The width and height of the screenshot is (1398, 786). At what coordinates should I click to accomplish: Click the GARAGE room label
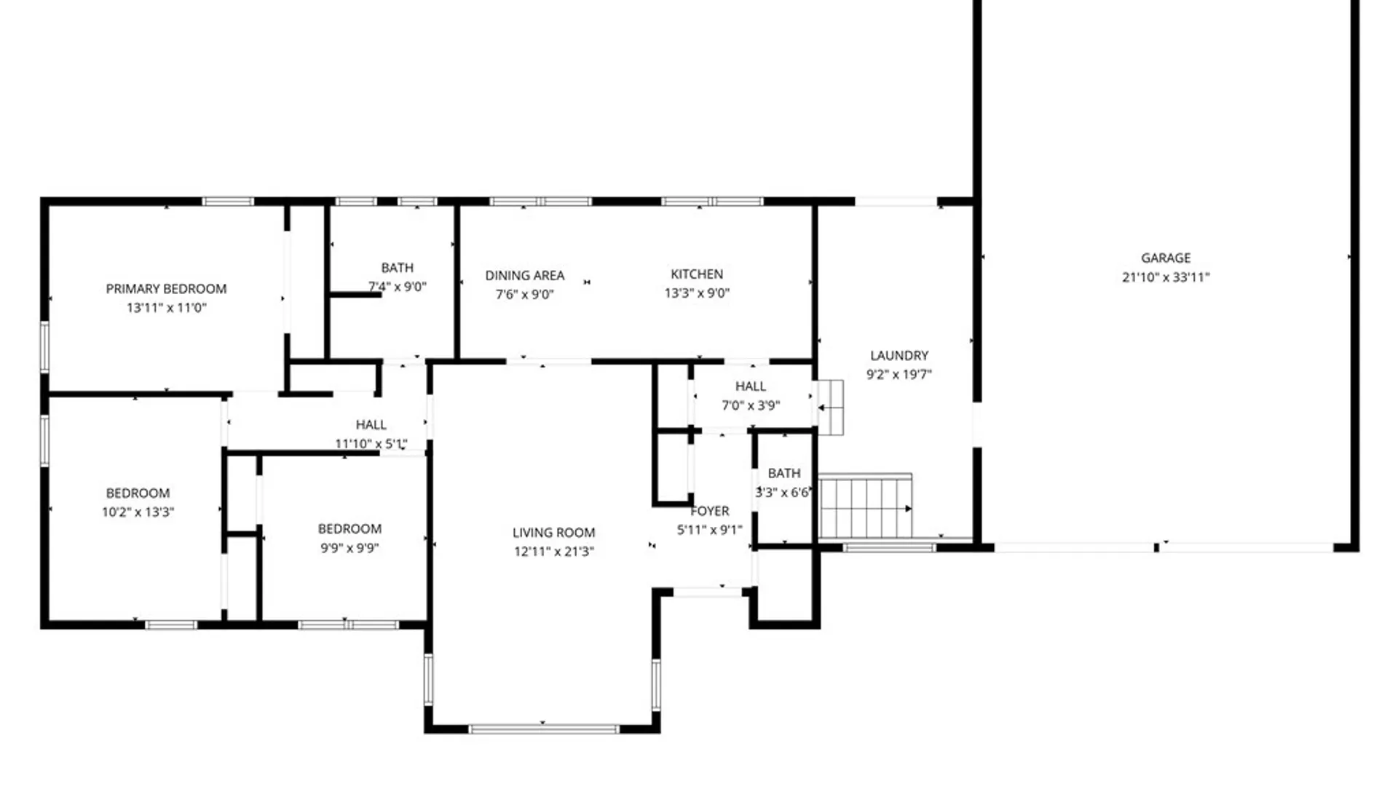1166,258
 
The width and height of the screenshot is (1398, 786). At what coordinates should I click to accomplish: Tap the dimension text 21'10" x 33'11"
1166,277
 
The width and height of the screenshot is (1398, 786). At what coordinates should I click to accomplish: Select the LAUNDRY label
899,355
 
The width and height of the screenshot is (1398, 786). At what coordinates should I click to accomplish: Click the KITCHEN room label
697,274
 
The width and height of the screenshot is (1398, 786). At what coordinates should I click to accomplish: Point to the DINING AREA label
524,275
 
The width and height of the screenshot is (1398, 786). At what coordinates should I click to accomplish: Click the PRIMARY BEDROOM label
166,288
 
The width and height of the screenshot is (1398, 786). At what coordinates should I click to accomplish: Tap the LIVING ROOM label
553,532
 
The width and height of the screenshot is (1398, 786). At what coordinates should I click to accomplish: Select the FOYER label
710,511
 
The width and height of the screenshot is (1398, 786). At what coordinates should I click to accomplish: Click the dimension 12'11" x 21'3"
553,552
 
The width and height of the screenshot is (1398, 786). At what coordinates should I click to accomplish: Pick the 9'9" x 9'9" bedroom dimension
349,548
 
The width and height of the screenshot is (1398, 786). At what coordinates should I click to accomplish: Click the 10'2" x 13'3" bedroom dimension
138,512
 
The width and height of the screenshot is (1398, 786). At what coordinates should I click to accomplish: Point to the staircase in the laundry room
865,507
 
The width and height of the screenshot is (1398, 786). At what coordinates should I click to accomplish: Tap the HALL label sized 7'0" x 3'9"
750,386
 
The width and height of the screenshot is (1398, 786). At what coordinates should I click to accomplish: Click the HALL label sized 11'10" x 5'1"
371,424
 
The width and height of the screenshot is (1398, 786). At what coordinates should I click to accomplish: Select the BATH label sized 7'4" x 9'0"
397,268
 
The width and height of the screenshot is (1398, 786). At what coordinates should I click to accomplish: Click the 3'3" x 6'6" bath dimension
783,493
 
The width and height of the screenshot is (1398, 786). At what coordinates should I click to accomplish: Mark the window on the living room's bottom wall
544,729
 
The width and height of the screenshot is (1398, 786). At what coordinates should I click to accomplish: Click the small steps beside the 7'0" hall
830,408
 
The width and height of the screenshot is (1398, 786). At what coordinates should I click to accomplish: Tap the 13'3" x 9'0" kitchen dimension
697,293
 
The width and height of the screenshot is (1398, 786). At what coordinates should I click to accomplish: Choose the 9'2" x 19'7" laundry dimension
899,375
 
